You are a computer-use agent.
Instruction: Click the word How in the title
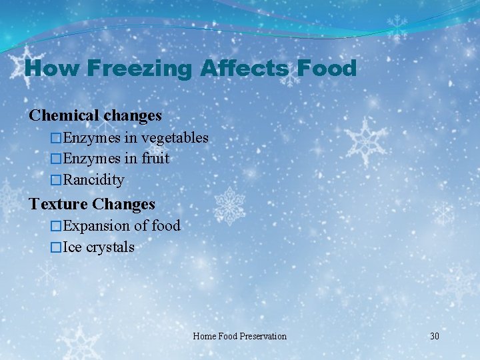pos(49,68)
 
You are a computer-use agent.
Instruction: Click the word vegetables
pos(175,138)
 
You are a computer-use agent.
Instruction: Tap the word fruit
pos(155,159)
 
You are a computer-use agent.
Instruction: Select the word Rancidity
pos(93,180)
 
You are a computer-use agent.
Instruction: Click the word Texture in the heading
pos(59,204)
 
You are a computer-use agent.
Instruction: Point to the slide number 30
pos(434,336)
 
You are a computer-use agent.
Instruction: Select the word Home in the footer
pos(204,336)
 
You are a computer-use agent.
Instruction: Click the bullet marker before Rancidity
pos(56,180)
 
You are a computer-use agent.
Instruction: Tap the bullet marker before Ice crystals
pos(56,247)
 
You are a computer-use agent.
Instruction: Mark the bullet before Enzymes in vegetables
pos(56,138)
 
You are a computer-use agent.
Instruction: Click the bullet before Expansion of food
pos(56,226)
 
